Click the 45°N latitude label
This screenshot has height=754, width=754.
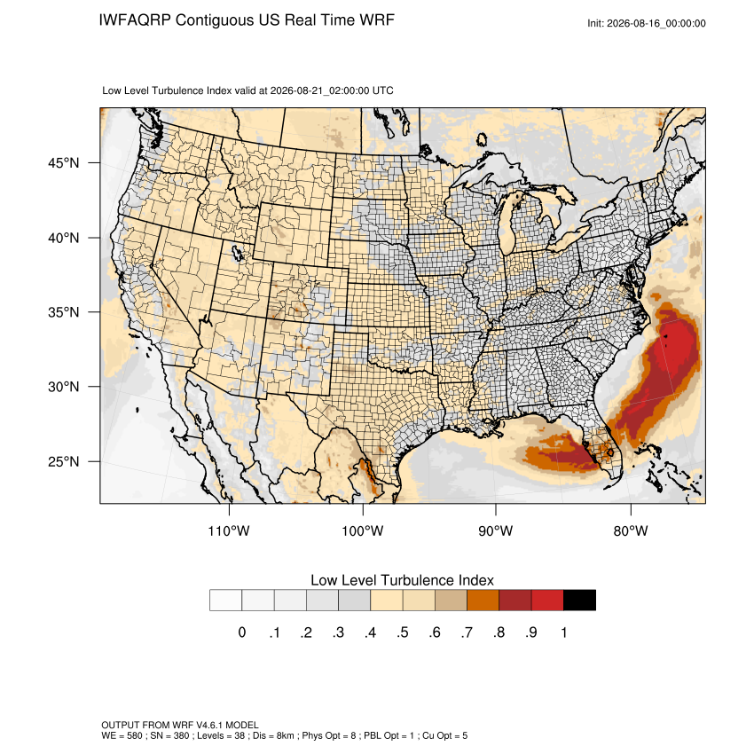63,163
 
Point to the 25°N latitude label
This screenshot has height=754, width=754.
63,461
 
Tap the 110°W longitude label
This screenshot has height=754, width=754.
229,530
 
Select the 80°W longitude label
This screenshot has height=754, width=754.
631,530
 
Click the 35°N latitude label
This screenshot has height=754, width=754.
63,312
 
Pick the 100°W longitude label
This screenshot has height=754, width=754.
363,530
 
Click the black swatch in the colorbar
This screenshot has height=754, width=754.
579,601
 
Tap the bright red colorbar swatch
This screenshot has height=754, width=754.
547,601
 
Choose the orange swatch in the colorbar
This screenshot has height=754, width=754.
483,601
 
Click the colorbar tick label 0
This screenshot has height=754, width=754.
242,632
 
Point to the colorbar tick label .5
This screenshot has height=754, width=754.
403,632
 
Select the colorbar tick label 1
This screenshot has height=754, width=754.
563,632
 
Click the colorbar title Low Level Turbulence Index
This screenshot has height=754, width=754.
402,580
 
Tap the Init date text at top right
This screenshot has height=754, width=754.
647,23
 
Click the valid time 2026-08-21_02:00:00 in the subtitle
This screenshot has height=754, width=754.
319,90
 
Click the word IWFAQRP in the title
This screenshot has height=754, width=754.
135,20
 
